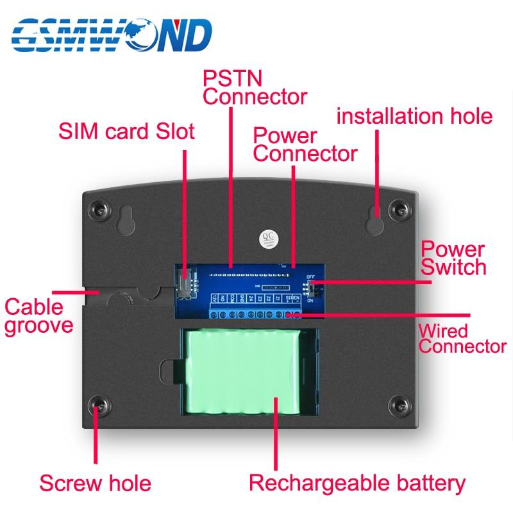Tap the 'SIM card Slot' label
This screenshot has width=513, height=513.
[x=126, y=132]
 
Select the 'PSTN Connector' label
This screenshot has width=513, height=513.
[x=254, y=87]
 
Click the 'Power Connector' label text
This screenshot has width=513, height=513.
[x=304, y=144]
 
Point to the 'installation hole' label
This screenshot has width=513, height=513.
[x=414, y=116]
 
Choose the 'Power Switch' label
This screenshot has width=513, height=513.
[x=453, y=258]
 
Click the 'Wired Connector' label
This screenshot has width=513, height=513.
[x=462, y=339]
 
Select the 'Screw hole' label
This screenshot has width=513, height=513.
[x=95, y=482]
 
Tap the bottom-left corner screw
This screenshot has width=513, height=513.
[x=99, y=405]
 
